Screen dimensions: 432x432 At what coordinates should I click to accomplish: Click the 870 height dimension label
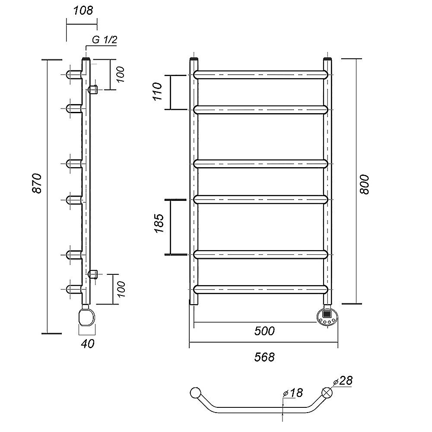point(37,183)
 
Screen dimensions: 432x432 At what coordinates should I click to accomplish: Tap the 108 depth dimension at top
point(83,10)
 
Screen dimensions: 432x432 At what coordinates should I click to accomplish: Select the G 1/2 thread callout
point(105,40)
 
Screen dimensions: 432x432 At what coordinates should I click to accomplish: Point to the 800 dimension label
point(364,184)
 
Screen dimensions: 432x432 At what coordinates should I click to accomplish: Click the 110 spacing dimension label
point(158,91)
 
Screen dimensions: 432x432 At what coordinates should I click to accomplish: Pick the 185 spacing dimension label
point(159,223)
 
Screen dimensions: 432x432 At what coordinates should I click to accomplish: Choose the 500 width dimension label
point(264,331)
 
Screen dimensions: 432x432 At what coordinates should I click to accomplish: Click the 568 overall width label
point(264,357)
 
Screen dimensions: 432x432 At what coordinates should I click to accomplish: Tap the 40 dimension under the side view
point(88,343)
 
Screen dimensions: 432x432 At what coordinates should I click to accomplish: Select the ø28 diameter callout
point(343,381)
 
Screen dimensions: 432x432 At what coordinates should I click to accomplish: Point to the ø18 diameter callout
point(292,393)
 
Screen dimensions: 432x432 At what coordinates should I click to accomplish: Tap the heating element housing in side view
point(86,317)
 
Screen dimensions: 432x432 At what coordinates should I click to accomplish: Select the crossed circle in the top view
point(327,392)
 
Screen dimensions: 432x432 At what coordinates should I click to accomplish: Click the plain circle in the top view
point(196,393)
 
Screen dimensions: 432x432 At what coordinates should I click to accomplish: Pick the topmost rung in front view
point(260,75)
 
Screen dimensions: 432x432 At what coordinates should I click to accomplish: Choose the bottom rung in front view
point(260,289)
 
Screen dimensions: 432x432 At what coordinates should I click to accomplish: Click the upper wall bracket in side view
point(93,89)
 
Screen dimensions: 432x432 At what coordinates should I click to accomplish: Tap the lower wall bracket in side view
point(93,274)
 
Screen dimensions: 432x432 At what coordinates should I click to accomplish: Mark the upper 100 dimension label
point(121,74)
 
